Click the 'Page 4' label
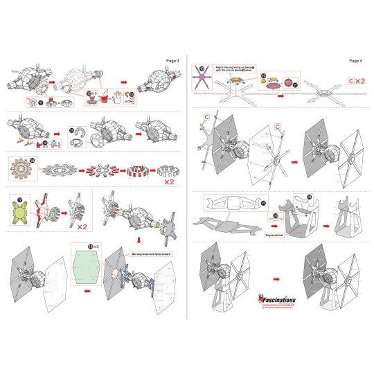pyautogui.click(x=355, y=61)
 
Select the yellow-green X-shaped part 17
pyautogui.click(x=19, y=211)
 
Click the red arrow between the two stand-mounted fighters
pyautogui.click(x=276, y=267)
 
